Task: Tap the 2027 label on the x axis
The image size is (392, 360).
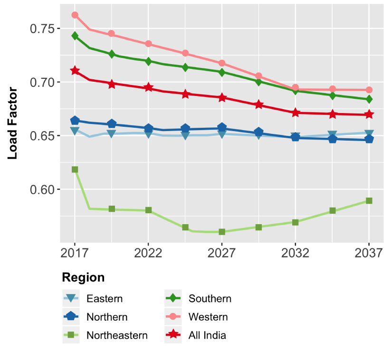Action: click(222, 252)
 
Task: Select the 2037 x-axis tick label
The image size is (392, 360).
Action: click(369, 252)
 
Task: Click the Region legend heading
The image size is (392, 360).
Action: click(83, 277)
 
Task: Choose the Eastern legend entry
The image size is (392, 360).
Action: click(104, 299)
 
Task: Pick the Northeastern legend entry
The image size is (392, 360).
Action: click(116, 335)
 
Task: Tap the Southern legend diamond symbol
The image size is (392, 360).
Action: click(173, 299)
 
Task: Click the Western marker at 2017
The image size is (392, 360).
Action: click(75, 15)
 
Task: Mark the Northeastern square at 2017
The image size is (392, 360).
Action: click(75, 170)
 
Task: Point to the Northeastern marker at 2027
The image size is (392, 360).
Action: click(222, 232)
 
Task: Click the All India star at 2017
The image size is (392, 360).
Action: click(75, 71)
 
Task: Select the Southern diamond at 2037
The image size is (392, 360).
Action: click(369, 99)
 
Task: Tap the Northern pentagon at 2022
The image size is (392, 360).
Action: click(148, 128)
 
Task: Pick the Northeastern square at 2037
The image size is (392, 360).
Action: click(369, 201)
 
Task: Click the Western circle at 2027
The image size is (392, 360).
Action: click(222, 63)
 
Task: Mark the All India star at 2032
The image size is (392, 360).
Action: click(296, 113)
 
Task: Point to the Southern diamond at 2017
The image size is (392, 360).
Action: click(75, 36)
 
